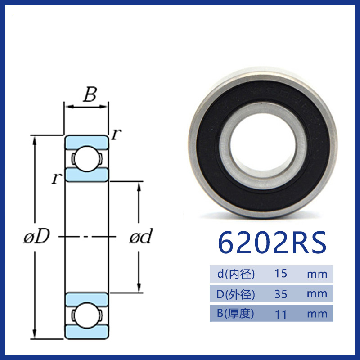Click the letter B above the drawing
[x=90, y=94]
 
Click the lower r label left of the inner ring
[x=57, y=178]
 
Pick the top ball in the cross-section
[x=86, y=158]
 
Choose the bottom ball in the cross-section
[x=86, y=315]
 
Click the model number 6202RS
[x=272, y=242]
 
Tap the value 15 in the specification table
[x=281, y=274]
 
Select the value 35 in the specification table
[x=281, y=294]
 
